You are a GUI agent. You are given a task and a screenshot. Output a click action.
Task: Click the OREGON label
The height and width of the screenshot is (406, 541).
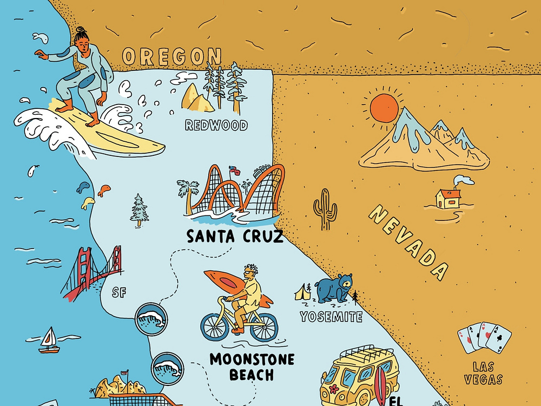pos(172,56)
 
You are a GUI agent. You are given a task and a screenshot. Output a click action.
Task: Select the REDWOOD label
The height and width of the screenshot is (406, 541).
pos(216,126)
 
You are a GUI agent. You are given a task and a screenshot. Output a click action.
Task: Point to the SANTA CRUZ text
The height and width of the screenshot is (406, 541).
pos(235,237)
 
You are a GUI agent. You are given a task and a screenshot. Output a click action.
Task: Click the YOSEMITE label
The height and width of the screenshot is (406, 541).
pos(331,317)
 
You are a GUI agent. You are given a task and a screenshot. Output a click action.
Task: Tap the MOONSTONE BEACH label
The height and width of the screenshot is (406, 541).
pos(252,366)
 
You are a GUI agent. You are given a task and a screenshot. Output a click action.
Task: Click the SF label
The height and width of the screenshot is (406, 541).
pos(119,293)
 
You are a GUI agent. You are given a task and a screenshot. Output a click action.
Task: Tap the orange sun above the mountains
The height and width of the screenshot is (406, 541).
pos(384,108)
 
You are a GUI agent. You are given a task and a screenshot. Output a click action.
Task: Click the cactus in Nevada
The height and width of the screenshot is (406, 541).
pos(325,209)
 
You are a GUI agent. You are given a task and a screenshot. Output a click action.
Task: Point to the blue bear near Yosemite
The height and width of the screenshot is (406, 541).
pos(334,289)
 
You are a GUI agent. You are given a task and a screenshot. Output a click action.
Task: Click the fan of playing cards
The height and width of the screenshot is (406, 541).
pos(485,338)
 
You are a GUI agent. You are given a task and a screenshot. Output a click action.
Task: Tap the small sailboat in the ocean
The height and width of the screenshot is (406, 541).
pos(49,341)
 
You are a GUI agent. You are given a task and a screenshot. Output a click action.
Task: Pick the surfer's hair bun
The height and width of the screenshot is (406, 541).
pos(80,30)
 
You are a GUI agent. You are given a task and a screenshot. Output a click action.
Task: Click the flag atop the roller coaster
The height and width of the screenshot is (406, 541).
pos(233,169)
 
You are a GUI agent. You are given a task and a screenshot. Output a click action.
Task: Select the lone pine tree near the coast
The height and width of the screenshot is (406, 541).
pos(140,210)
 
